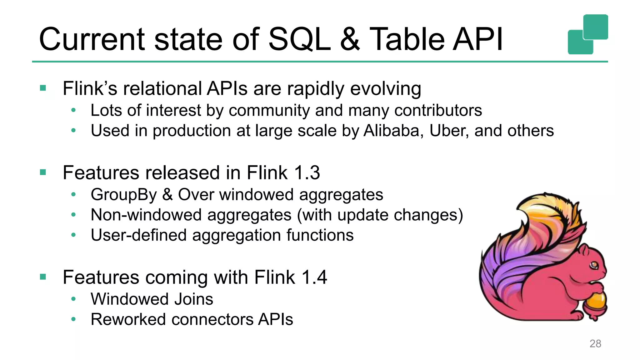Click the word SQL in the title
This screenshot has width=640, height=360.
coord(299,39)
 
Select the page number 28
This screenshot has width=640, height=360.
coord(595,343)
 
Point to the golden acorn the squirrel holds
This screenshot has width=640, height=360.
coord(596,301)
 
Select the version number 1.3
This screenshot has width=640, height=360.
coord(307,172)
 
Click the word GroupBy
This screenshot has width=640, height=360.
coord(124,195)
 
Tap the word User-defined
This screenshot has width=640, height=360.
coord(138,235)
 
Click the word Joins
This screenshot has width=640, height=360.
coord(193,299)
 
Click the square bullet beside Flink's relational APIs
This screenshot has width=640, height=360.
coord(43,88)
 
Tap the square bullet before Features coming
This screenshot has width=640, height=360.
coord(43,277)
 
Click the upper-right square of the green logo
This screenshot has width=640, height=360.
coord(595,27)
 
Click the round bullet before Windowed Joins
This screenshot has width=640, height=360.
coord(73,299)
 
